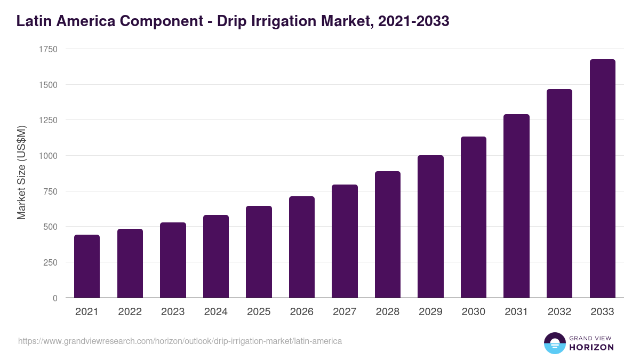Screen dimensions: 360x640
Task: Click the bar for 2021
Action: [x=87, y=266]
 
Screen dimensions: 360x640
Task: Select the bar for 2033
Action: [x=602, y=179]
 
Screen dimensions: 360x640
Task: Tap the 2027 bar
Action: [x=345, y=241]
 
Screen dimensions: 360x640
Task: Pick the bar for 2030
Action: [x=474, y=217]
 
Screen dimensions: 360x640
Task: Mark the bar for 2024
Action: [x=216, y=257]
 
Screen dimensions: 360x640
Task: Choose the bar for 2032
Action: [x=559, y=194]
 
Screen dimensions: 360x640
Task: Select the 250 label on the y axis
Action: [x=50, y=262]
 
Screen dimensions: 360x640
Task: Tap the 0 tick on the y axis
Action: [x=55, y=298]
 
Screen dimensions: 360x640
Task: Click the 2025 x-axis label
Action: [x=259, y=312]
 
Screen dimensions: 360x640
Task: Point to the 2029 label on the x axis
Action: [x=430, y=312]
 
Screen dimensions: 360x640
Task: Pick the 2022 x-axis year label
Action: [x=130, y=312]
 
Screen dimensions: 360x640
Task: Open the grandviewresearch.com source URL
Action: [x=180, y=341]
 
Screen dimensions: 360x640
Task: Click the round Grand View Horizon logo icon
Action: [x=554, y=343]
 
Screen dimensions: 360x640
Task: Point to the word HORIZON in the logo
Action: [x=591, y=347]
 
